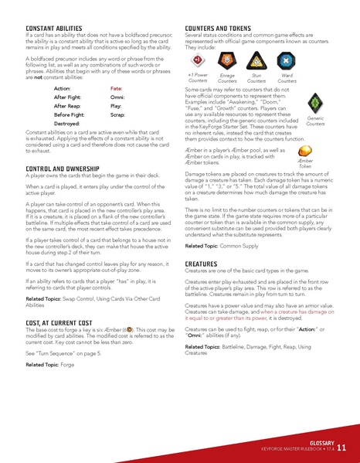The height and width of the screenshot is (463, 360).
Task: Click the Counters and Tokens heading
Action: click(x=221, y=28)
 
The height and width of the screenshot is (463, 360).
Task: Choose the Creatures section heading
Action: click(x=201, y=264)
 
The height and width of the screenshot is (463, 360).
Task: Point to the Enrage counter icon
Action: click(x=227, y=60)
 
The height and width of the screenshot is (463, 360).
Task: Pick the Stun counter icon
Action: click(x=256, y=60)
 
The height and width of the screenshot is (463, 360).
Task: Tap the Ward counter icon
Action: click(x=286, y=60)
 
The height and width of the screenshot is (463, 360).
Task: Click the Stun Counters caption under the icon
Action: click(x=256, y=78)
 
